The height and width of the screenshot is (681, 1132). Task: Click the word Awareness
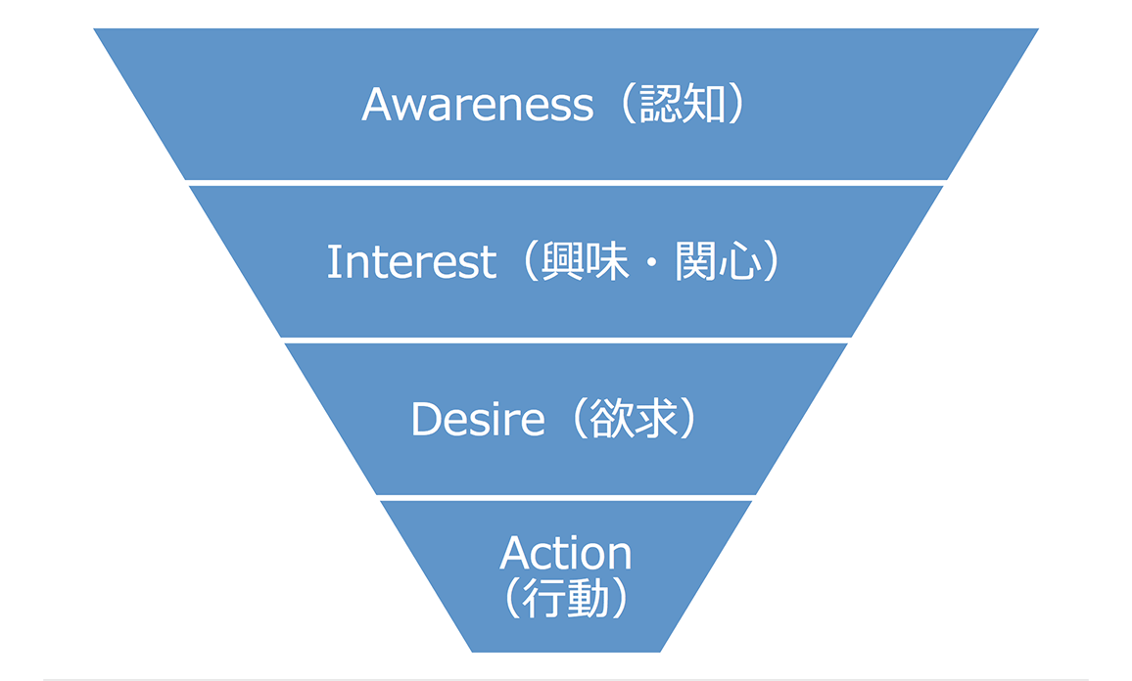tap(477, 105)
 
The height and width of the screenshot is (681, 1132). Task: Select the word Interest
tap(411, 262)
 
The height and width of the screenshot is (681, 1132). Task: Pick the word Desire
tap(477, 420)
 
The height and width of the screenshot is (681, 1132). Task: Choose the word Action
tap(566, 554)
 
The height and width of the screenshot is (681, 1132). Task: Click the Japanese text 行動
tap(566, 599)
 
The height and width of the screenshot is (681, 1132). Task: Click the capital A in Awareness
tap(377, 105)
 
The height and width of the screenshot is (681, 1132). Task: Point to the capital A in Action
tap(516, 554)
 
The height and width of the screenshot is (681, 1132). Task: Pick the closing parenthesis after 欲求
tap(688, 420)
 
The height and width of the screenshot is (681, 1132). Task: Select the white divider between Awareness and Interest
tap(566, 183)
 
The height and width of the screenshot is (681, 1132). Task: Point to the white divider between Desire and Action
tap(566, 498)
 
